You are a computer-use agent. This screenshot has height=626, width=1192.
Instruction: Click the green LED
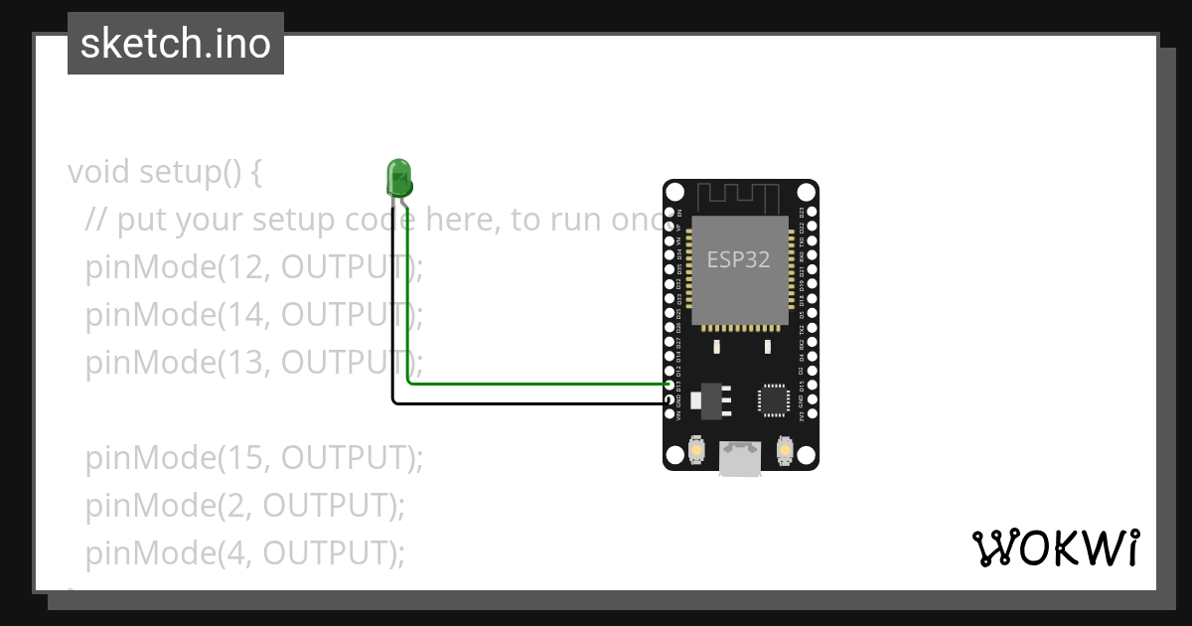pyautogui.click(x=398, y=178)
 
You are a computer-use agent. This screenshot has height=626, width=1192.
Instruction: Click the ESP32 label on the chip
pyautogui.click(x=738, y=259)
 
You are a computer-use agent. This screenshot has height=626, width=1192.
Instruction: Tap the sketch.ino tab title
pyautogui.click(x=176, y=44)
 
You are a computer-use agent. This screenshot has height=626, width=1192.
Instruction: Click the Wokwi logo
pyautogui.click(x=1055, y=548)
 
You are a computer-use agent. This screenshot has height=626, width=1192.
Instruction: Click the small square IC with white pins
pyautogui.click(x=774, y=399)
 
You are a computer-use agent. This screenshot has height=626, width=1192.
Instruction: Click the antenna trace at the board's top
pyautogui.click(x=741, y=195)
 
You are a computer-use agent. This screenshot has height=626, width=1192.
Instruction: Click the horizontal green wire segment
pyautogui.click(x=536, y=383)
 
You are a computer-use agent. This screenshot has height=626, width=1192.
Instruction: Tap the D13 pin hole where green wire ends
pyautogui.click(x=670, y=384)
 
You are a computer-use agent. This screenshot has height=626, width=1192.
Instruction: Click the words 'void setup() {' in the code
pyautogui.click(x=165, y=172)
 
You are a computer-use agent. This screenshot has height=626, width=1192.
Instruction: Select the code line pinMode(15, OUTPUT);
pyautogui.click(x=254, y=458)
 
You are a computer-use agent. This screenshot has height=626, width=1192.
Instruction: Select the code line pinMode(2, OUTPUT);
pyautogui.click(x=245, y=505)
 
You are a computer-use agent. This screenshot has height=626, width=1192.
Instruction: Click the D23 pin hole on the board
pyautogui.click(x=813, y=213)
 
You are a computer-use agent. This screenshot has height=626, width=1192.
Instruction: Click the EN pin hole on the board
pyautogui.click(x=670, y=213)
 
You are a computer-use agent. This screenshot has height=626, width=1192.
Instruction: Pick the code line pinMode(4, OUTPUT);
pyautogui.click(x=245, y=552)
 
